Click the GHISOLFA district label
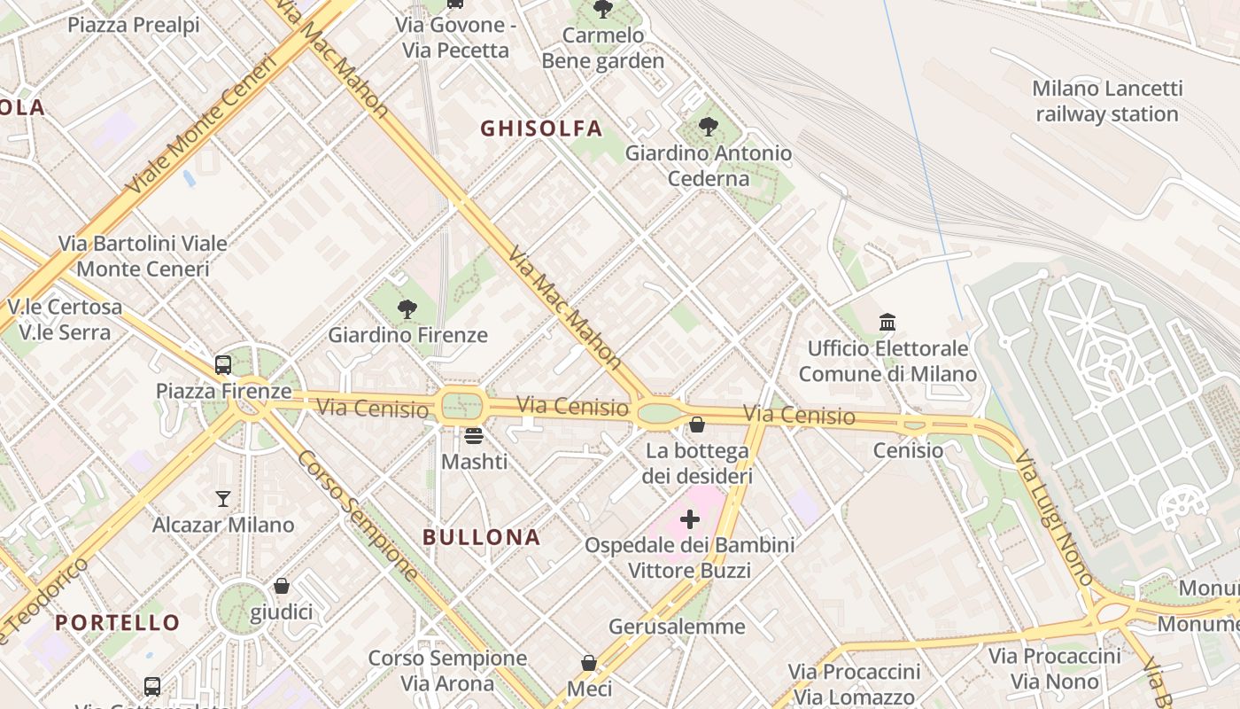click(541, 129)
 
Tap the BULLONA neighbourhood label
click(481, 537)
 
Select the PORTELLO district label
click(118, 622)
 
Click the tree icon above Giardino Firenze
click(407, 309)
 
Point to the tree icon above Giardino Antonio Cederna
click(708, 127)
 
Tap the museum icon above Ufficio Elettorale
click(887, 322)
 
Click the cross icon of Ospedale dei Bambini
click(689, 518)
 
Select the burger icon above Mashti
click(474, 436)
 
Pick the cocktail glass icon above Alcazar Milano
click(223, 499)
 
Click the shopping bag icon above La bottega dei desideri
click(697, 425)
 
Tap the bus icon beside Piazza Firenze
click(223, 364)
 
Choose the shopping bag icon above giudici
click(282, 586)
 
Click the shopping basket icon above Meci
click(589, 663)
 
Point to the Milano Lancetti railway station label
click(1107, 101)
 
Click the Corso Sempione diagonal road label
click(358, 515)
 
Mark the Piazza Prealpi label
click(134, 25)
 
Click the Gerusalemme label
click(677, 627)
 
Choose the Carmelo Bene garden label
click(602, 48)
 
